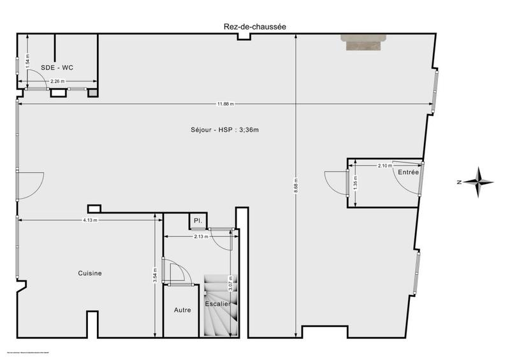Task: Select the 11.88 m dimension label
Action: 224,104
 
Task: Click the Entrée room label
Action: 409,173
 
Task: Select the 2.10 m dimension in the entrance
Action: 384,166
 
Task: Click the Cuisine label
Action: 90,273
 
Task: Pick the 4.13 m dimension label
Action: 90,220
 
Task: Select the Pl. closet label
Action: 198,222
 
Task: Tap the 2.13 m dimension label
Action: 201,236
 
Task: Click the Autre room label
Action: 182,310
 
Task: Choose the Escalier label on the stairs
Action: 217,304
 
